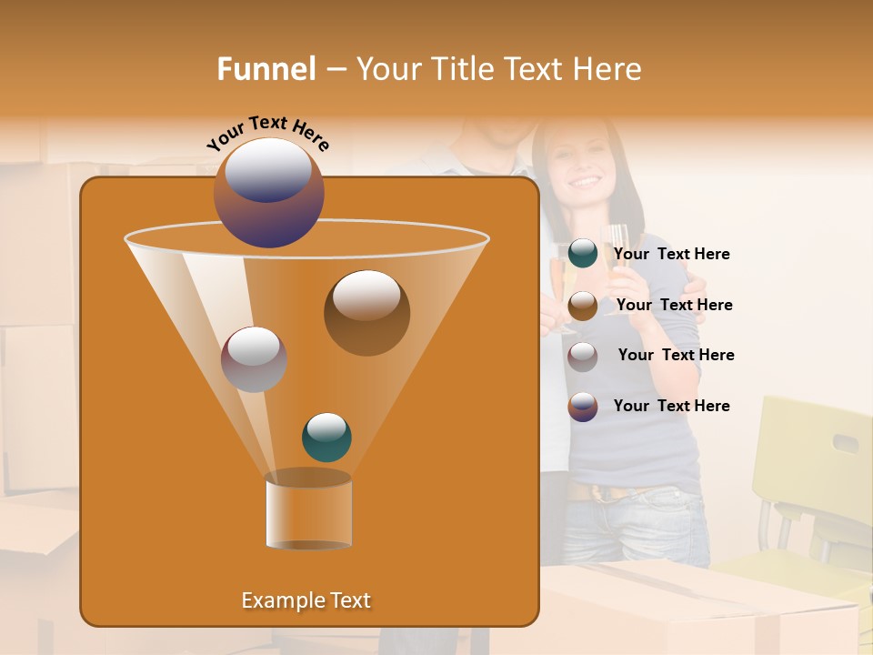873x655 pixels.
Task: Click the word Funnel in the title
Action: (266, 68)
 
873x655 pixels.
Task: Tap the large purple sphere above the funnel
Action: (269, 192)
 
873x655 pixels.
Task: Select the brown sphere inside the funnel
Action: (366, 312)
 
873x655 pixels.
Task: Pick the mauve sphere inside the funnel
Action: (255, 359)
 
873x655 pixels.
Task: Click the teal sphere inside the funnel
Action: (326, 437)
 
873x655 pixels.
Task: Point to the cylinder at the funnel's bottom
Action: (308, 512)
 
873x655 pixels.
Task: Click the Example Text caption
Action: (306, 600)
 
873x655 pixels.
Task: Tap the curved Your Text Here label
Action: (268, 131)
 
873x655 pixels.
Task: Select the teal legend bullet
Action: (583, 254)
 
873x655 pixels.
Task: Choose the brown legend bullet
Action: (583, 305)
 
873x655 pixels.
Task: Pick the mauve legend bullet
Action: (583, 356)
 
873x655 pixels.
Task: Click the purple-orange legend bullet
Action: (583, 407)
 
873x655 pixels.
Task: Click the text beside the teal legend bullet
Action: (671, 255)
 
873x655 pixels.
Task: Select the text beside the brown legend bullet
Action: (674, 305)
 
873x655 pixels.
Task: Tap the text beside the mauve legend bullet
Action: (676, 355)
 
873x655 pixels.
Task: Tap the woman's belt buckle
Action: (601, 494)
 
